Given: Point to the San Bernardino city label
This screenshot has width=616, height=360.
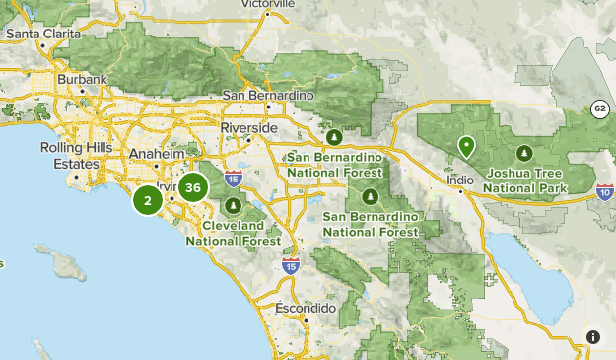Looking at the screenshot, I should (267, 95).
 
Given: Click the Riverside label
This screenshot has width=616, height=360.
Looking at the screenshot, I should (250, 128).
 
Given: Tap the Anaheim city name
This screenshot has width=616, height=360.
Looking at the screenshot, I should (156, 155).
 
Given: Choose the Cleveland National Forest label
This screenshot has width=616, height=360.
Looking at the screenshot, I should (233, 232).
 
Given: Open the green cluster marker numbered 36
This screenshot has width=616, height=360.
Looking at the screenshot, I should (193, 187).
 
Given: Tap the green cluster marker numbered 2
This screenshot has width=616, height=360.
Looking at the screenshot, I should (148, 201).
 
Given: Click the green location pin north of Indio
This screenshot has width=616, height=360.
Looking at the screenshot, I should (466, 148).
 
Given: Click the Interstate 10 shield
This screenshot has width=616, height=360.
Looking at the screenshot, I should (603, 195).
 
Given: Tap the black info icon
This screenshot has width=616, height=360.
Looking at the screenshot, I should (592, 337).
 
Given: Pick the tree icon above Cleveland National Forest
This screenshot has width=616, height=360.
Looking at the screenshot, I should (233, 206).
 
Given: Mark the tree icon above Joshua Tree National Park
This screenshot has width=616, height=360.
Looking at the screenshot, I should (524, 153).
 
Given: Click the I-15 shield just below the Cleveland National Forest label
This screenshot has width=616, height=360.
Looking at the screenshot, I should (290, 266).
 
